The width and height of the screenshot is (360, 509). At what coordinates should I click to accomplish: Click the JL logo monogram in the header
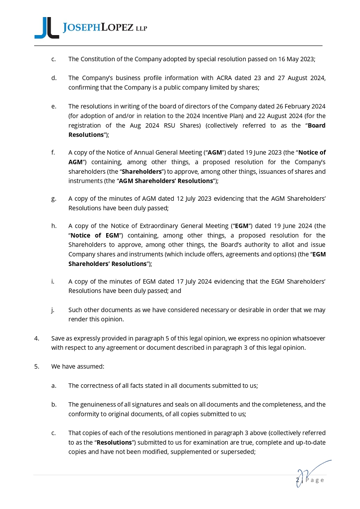pos(46,28)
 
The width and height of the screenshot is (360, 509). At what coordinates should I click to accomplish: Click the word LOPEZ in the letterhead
pos(117,28)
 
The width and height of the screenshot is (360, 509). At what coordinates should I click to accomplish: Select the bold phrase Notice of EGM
pos(93,235)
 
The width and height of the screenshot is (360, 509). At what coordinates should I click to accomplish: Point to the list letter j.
pos(53,310)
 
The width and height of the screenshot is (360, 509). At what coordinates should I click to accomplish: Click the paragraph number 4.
pos(36,338)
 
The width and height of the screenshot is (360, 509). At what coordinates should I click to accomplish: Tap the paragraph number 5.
pos(36,366)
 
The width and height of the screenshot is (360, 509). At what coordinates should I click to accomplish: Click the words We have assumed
pos(78,366)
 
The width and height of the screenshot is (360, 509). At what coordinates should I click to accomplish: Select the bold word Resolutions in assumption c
pos(114,442)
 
